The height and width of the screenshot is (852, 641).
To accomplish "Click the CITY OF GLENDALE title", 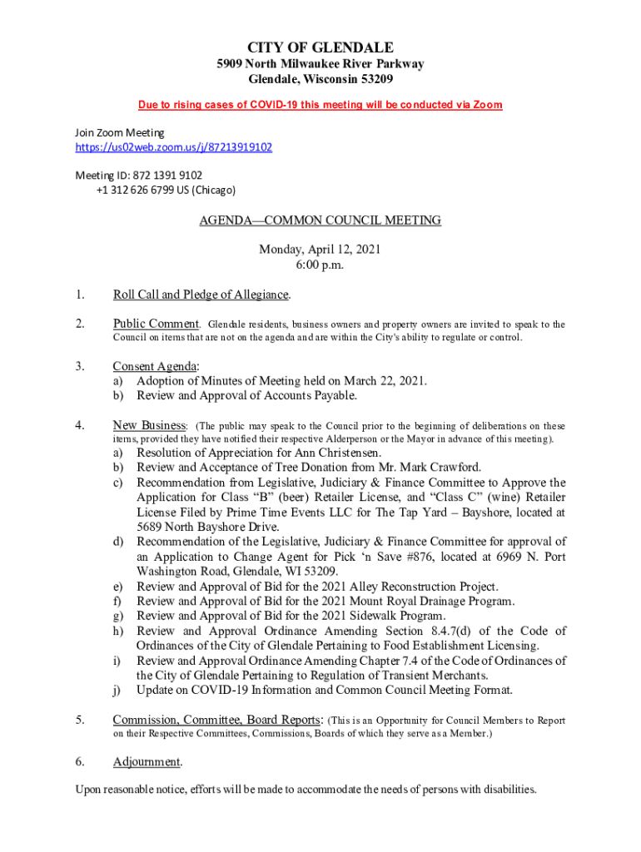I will point(320,47).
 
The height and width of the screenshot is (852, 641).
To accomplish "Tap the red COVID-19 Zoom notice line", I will point(320,105).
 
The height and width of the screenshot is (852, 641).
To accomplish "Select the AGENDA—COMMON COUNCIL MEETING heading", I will point(320,220).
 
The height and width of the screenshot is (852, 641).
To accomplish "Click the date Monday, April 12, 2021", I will point(320,250).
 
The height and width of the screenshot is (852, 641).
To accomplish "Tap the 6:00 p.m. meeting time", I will point(320,265).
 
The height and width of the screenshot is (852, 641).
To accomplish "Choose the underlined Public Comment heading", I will point(156,324).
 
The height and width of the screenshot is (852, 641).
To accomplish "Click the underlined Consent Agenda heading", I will point(155,366).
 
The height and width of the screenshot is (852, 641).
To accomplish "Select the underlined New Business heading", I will point(149,425).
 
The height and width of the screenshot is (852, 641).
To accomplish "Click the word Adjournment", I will point(147,762).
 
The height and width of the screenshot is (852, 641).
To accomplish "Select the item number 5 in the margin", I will point(80,721).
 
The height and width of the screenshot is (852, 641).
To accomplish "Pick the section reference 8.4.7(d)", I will point(448,632).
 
